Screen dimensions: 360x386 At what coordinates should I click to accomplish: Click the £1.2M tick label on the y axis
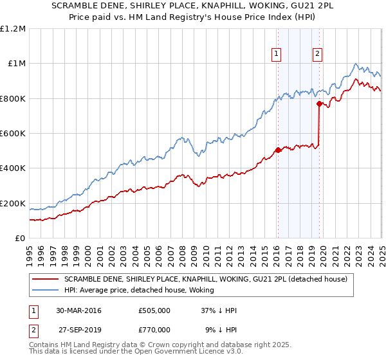[13, 28]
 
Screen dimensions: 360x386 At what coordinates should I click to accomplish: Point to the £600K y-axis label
[13, 134]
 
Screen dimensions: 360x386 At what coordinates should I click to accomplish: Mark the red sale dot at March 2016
[278, 150]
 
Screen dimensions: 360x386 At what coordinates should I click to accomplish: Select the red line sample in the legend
[44, 279]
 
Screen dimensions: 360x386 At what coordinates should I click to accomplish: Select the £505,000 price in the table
[154, 310]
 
